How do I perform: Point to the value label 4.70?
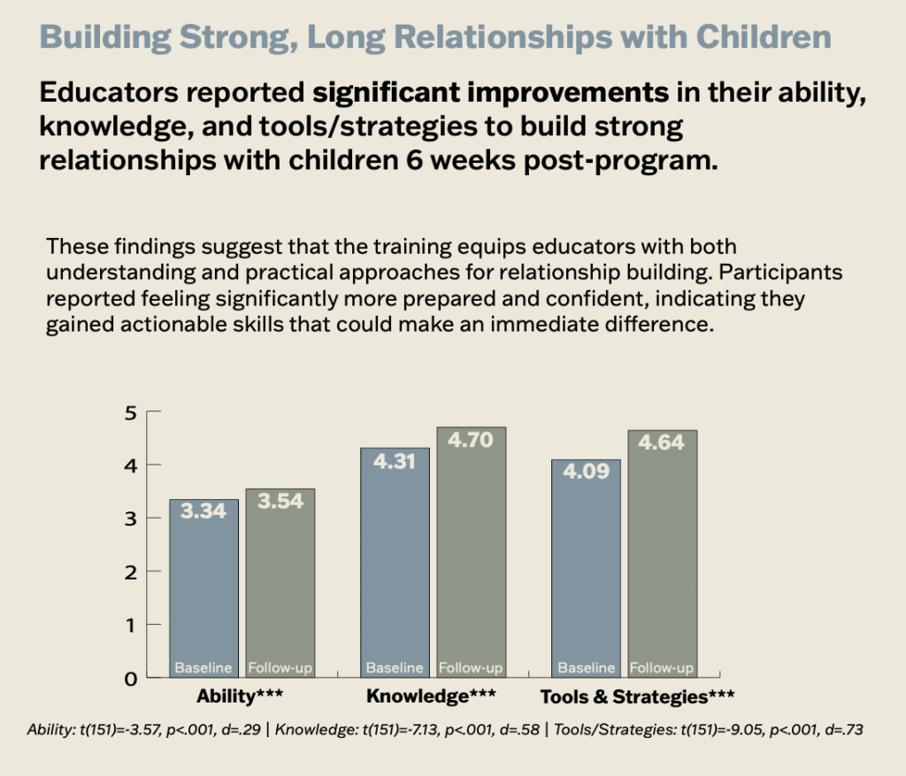point(471,440)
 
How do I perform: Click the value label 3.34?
point(203,511)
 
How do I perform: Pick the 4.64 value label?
point(662,442)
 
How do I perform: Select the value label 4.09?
point(586,472)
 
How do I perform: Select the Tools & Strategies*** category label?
point(637,697)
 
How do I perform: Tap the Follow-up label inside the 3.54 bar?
point(280,668)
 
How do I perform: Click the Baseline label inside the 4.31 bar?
point(395,668)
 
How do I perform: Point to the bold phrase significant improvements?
point(493,92)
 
